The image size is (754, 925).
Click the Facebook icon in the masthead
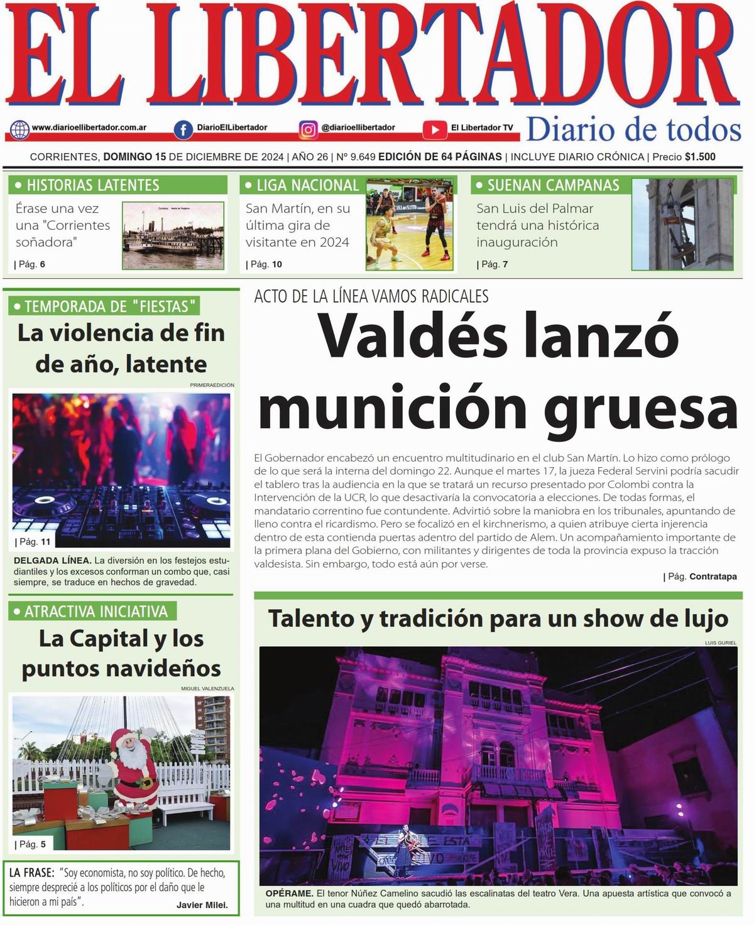183,129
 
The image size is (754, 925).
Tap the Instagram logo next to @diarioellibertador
308,129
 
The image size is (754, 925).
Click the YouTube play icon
434,129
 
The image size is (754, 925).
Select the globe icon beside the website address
19,129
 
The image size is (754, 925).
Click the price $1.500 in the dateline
700,157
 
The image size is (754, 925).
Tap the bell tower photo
682,224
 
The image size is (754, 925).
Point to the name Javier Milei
201,905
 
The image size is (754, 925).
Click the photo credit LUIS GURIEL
720,642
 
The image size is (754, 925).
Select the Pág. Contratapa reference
700,576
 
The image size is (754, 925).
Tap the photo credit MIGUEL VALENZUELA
207,688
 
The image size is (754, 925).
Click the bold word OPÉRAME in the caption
289,893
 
